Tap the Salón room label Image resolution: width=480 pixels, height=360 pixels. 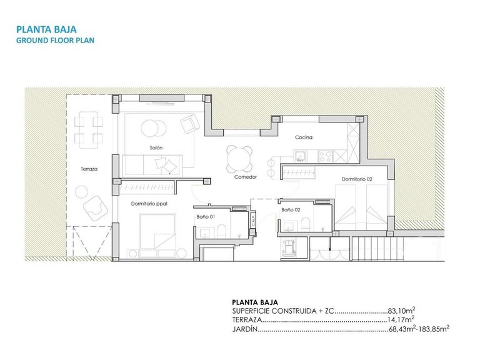coord(156,147)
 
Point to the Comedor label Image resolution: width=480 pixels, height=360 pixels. coord(246,177)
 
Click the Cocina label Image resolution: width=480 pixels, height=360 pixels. coord(304,137)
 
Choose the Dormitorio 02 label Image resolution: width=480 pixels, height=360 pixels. coord(357,179)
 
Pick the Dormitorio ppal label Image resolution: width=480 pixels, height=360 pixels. coord(149,204)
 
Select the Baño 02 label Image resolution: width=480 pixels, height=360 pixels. coord(291,210)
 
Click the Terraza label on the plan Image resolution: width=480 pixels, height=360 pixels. coord(89,169)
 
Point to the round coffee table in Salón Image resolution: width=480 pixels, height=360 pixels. coord(150,128)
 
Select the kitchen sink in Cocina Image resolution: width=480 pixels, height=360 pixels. coord(300,156)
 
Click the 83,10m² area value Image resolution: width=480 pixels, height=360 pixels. coord(402,310)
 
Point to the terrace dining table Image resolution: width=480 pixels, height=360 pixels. coord(89,127)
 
